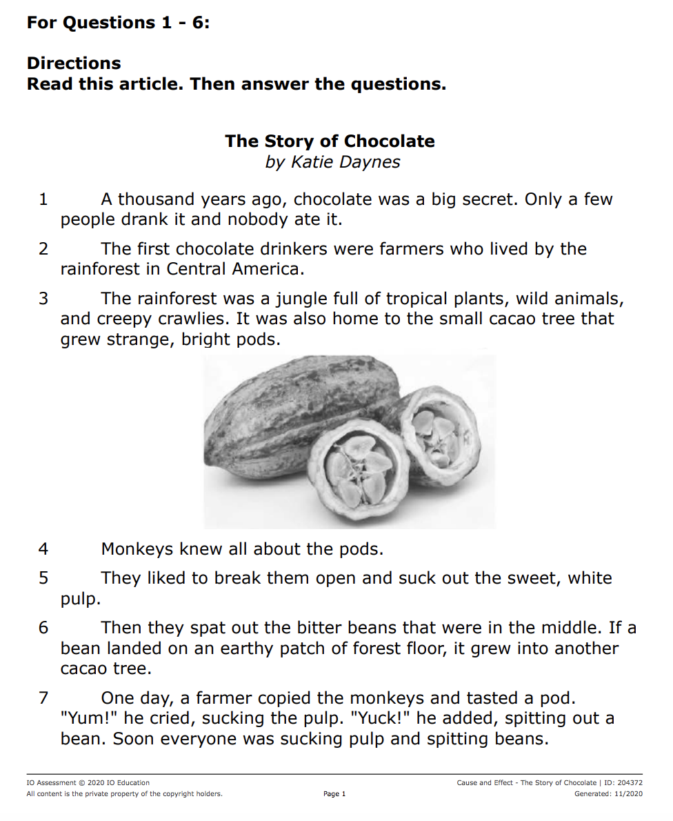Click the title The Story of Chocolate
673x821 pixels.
pos(330,141)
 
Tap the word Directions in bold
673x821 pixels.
pos(74,63)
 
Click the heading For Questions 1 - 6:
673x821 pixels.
pos(118,23)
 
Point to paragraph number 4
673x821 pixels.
pos(43,550)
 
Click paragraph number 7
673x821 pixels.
pos(43,698)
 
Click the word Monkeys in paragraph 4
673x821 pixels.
pos(137,550)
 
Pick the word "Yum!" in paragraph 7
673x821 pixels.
pos(90,719)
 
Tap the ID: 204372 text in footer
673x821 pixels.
pos(623,783)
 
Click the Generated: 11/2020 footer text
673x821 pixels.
pos(608,794)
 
